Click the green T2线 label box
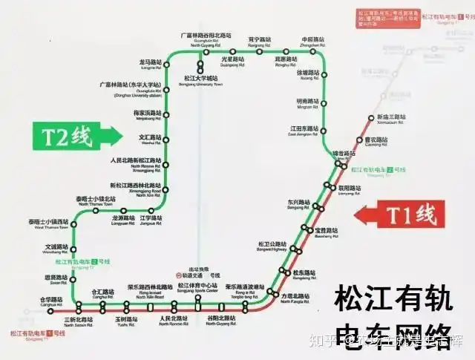tap(65, 137)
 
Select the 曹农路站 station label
tap(376, 139)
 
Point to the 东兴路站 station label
tap(297, 202)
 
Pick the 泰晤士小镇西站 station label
tap(48, 222)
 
